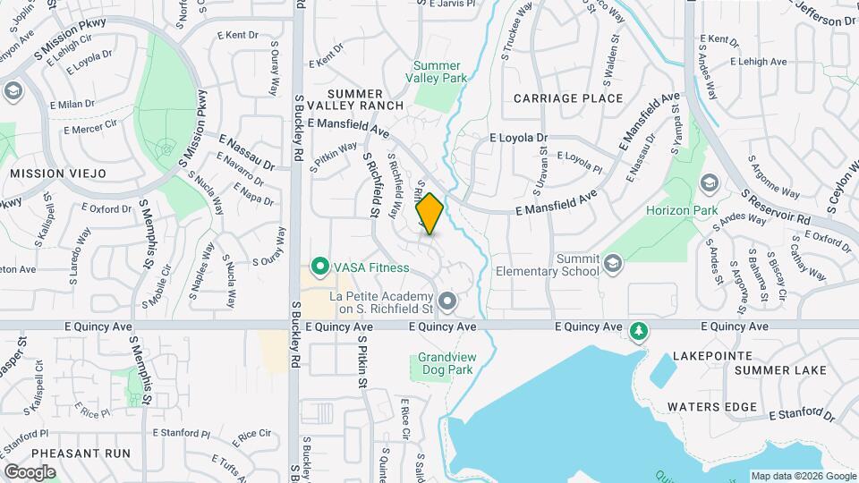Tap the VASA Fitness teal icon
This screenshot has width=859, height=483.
[318, 267]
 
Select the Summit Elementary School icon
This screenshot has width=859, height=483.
[612, 263]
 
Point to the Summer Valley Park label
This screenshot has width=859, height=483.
[438, 72]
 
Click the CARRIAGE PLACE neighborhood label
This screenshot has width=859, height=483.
[568, 98]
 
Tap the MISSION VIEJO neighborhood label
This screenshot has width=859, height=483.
[58, 173]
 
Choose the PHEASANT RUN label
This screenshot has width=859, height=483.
[80, 453]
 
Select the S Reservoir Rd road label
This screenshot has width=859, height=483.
[776, 207]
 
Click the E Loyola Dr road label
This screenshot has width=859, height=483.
[518, 138]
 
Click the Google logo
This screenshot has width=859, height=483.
[30, 471]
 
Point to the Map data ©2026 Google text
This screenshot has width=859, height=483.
[803, 476]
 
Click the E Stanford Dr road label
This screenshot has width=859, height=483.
[801, 414]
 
